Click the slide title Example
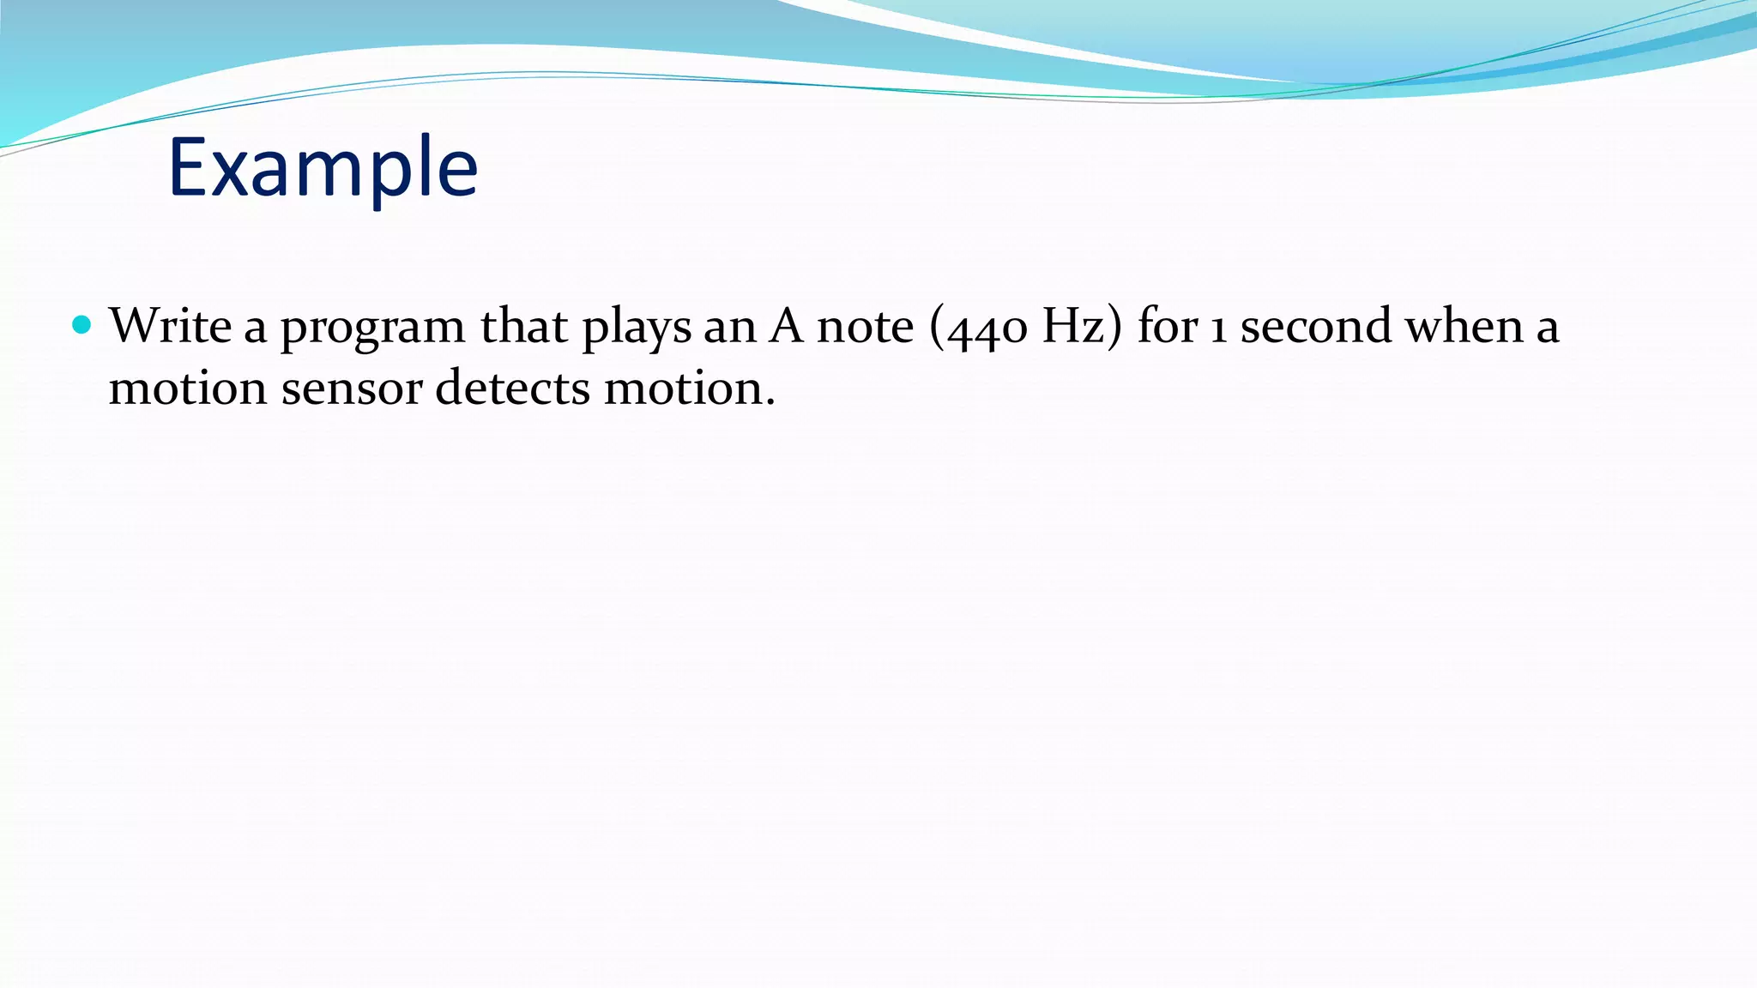click(323, 168)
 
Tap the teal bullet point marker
click(82, 324)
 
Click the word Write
click(170, 326)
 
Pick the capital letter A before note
click(785, 326)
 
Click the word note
click(865, 328)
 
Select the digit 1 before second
click(1217, 329)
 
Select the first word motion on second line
click(187, 388)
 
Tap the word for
click(1167, 326)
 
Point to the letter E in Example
click(187, 168)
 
